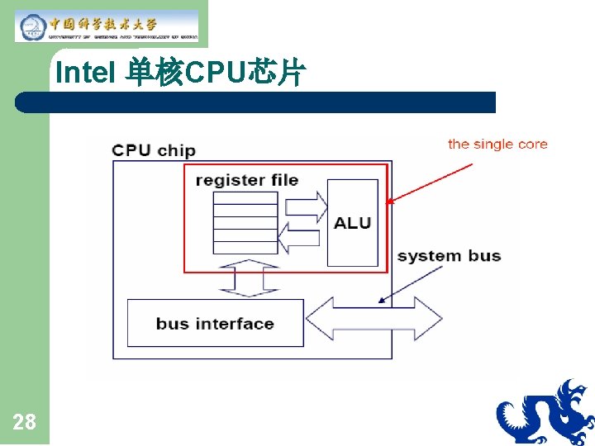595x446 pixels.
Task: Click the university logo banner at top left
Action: click(107, 26)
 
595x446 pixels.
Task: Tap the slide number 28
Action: click(25, 423)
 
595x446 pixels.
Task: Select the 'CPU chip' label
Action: click(154, 150)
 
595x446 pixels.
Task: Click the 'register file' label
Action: click(247, 180)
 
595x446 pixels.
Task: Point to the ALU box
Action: click(352, 223)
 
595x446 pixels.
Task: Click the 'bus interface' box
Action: click(215, 324)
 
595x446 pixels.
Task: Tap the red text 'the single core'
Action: click(497, 145)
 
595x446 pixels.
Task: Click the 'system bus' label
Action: click(449, 255)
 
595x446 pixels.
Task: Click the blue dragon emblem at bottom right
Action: click(545, 413)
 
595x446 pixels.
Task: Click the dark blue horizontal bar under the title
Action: click(256, 102)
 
